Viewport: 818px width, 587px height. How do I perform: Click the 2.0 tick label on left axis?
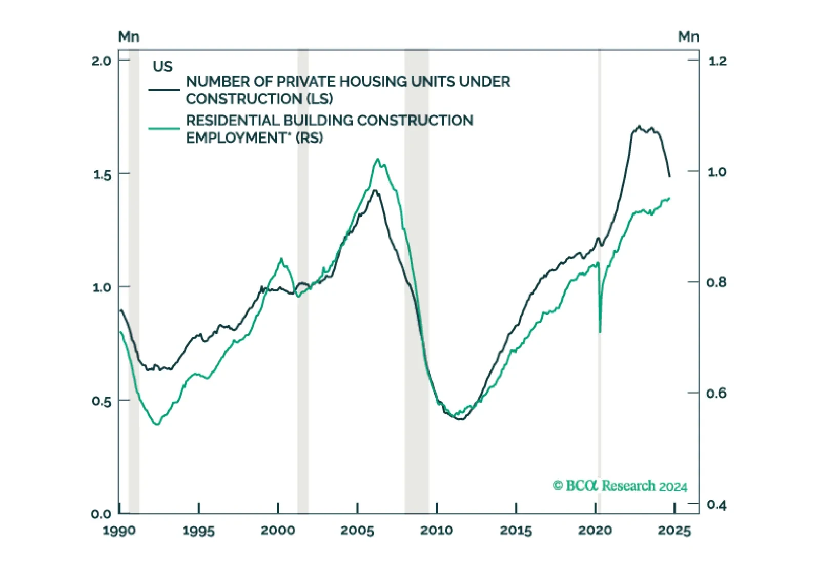click(101, 61)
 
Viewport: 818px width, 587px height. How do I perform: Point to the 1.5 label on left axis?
click(101, 174)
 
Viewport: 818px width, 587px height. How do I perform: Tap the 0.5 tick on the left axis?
click(101, 401)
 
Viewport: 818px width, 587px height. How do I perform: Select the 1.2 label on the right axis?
click(717, 61)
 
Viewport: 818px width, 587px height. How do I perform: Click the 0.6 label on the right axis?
click(717, 393)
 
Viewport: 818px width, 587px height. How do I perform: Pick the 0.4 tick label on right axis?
click(717, 505)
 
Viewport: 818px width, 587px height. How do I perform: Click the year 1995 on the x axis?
click(199, 531)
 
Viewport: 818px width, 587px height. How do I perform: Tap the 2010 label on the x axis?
click(436, 531)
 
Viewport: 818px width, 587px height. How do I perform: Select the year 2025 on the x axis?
click(674, 531)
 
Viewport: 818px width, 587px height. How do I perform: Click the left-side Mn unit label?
click(129, 36)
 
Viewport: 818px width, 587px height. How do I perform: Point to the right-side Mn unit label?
click(688, 36)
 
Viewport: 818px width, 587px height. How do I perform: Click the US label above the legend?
click(162, 67)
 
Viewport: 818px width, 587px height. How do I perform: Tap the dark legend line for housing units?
click(164, 90)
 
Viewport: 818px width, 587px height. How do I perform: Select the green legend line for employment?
click(164, 128)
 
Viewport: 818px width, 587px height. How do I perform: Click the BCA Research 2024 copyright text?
click(620, 486)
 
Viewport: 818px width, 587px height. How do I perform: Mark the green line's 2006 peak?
click(378, 159)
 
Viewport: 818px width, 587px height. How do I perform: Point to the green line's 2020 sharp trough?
click(600, 332)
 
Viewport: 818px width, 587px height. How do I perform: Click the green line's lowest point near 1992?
click(157, 424)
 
